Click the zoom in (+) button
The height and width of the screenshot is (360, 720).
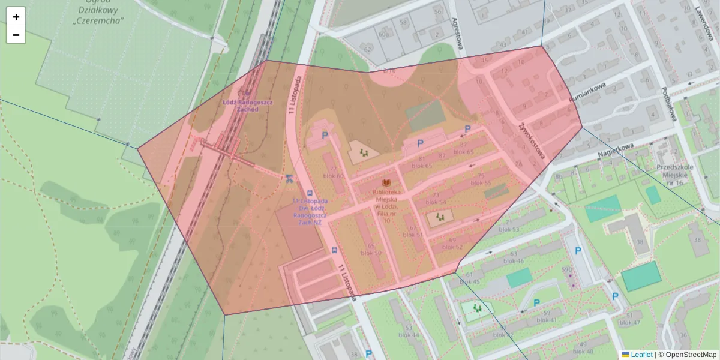coord(16,17)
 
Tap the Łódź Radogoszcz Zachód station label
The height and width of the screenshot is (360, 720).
coord(248,106)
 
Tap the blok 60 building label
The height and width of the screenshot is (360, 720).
coord(333,176)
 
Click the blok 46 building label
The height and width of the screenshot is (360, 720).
coord(514,261)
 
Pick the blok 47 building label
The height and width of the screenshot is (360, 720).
coord(629,322)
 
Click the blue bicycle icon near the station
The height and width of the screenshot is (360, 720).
coord(289,178)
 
